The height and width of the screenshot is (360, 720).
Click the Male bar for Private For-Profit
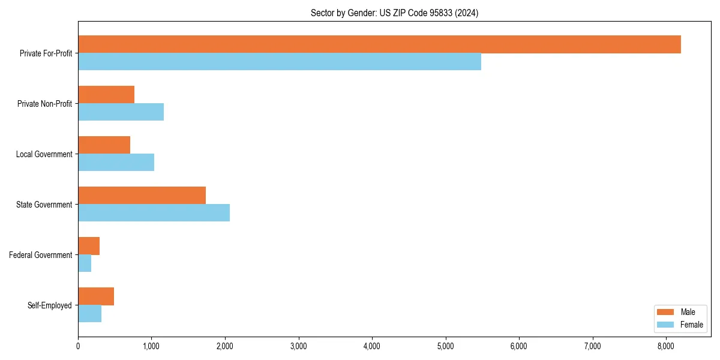(379, 44)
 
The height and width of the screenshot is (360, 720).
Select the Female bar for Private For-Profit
(280, 62)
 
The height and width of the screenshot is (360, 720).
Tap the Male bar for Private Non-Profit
(106, 95)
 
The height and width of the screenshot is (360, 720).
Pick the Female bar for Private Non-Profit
(121, 112)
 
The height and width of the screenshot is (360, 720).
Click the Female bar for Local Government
(116, 163)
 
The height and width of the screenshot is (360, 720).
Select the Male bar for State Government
(142, 196)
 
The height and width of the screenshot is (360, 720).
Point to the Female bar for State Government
(154, 213)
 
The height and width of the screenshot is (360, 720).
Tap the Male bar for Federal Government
(89, 246)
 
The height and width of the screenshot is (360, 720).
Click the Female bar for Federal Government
(85, 263)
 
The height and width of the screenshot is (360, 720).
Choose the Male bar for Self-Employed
(96, 296)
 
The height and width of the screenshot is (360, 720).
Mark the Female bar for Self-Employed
(89, 314)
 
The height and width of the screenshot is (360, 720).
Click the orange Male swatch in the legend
(666, 313)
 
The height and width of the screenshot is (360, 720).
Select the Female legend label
(692, 325)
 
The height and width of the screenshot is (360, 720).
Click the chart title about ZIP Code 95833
(394, 13)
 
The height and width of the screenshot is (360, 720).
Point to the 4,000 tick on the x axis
(372, 346)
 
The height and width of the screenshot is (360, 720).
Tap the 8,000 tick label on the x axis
(666, 346)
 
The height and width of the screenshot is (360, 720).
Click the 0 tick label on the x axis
(78, 346)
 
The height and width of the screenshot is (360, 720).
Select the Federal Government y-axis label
(41, 255)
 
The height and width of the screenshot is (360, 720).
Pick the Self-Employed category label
(50, 305)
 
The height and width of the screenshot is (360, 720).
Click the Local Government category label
(44, 154)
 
